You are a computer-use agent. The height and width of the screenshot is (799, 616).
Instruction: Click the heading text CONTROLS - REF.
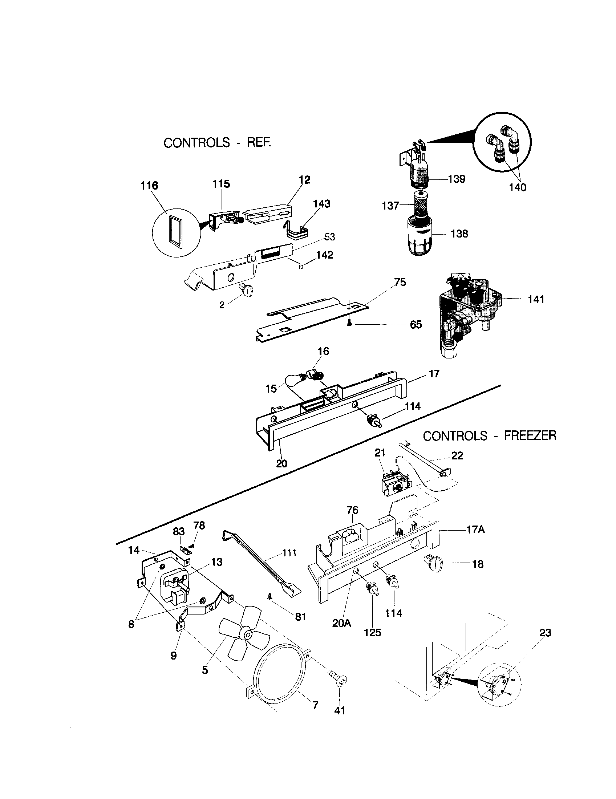(x=217, y=142)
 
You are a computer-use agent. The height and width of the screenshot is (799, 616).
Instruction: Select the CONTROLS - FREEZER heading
(x=490, y=436)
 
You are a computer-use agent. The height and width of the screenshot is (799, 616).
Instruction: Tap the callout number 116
(x=149, y=186)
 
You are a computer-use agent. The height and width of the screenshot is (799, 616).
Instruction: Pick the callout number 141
(x=536, y=300)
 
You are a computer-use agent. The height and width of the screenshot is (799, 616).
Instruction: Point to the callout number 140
(x=518, y=187)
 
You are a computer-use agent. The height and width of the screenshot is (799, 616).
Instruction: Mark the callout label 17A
(x=475, y=530)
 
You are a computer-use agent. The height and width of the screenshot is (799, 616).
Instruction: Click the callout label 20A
(x=341, y=622)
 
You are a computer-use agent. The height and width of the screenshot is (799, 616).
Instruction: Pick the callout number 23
(x=545, y=633)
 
